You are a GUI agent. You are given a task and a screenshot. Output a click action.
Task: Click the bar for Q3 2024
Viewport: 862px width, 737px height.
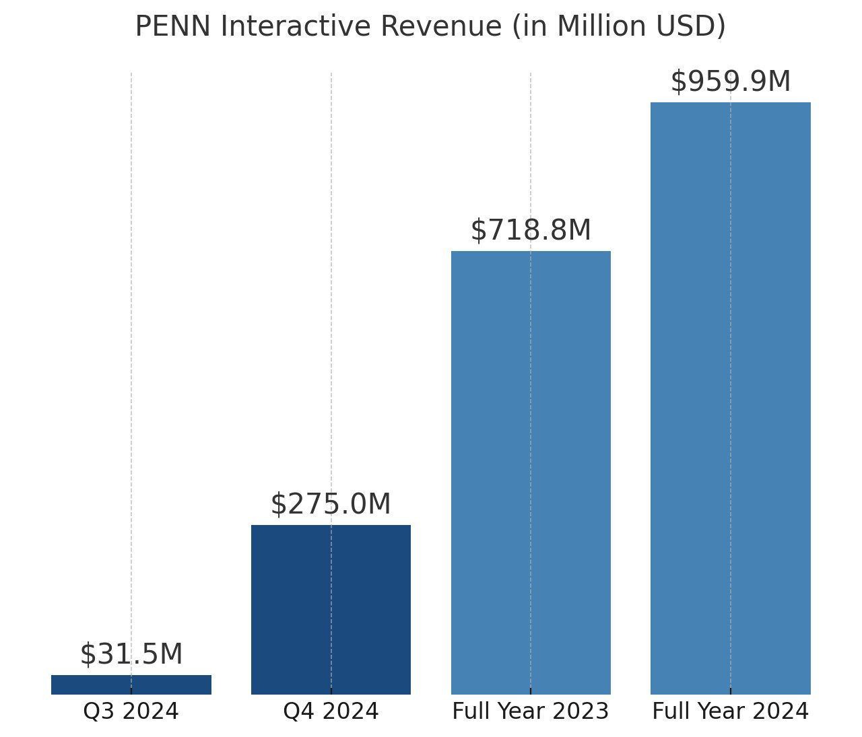[x=131, y=685]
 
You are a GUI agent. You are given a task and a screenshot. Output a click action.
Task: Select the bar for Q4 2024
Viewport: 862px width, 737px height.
[x=331, y=609]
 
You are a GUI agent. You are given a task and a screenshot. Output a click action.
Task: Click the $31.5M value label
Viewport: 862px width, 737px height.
[x=131, y=654]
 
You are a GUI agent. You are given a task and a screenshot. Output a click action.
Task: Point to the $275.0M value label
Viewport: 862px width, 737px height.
[x=331, y=504]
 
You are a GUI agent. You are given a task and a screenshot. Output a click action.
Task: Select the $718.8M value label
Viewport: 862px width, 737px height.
[x=531, y=230]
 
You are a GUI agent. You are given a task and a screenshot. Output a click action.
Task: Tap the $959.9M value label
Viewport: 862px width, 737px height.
[x=731, y=81]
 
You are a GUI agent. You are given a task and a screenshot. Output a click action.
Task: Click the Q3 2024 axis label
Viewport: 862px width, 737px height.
[x=131, y=711]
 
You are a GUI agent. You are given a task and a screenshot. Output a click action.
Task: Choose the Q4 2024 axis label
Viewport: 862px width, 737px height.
[x=331, y=711]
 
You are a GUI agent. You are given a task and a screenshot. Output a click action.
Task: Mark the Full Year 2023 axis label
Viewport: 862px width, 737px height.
[x=531, y=711]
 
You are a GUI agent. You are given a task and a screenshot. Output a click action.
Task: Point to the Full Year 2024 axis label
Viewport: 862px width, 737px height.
[x=731, y=711]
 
